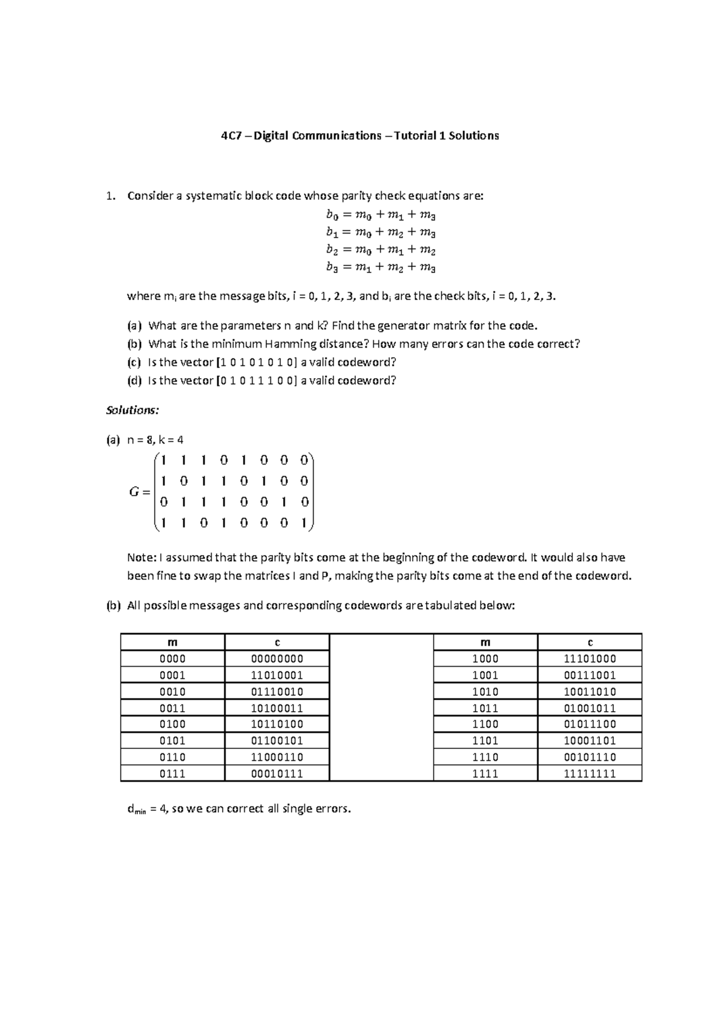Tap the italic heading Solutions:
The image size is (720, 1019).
point(132,410)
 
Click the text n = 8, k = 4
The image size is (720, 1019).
point(155,440)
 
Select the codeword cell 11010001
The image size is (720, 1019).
point(277,675)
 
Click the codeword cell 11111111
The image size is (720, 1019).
point(590,774)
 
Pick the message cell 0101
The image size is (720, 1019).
point(172,741)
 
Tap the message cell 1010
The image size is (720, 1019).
point(485,691)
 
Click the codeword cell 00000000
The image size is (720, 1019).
point(277,659)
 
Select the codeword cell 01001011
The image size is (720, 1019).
point(590,708)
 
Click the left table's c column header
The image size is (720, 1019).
point(277,642)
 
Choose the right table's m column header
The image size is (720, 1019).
point(485,642)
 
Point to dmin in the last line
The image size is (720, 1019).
point(136,810)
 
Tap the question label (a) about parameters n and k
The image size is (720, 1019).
point(134,326)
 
